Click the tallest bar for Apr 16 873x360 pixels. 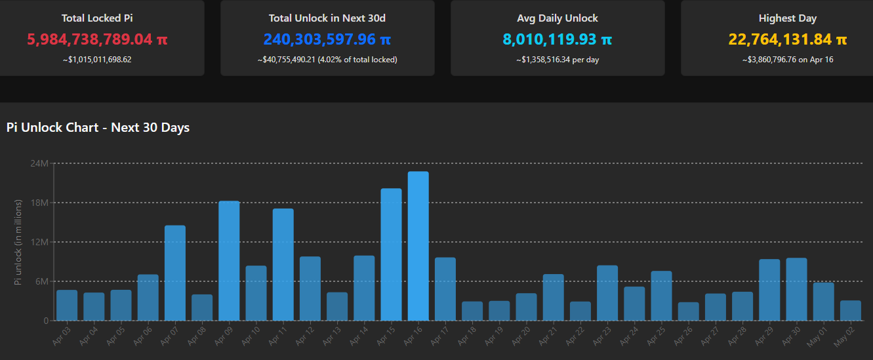(x=418, y=246)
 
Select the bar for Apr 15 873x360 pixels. (x=391, y=254)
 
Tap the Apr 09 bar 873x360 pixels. (x=229, y=260)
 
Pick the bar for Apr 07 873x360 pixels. (x=175, y=273)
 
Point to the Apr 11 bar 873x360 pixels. (x=283, y=264)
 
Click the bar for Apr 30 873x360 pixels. (x=796, y=289)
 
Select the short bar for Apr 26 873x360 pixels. (x=688, y=311)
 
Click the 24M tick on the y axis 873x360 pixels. (x=40, y=163)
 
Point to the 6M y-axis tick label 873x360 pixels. (x=42, y=281)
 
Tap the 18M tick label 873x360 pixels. (x=40, y=203)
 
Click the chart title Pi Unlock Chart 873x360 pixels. (x=98, y=128)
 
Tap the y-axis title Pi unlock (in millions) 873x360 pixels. (x=18, y=242)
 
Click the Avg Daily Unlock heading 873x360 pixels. (x=558, y=18)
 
